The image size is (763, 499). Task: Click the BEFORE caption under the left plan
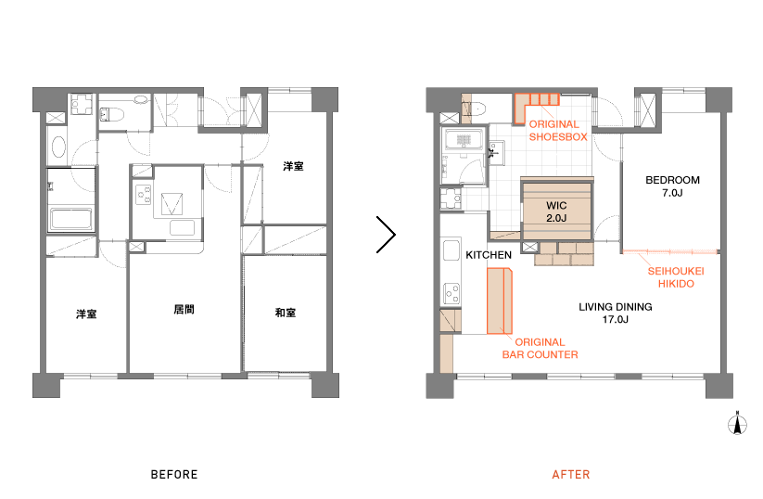(174, 475)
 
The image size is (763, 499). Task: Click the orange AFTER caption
(571, 475)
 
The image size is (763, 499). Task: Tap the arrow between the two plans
(386, 235)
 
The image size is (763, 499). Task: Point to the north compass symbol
(737, 423)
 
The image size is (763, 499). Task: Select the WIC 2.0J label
(556, 211)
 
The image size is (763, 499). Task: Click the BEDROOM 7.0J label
(672, 186)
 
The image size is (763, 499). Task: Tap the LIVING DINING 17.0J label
(615, 313)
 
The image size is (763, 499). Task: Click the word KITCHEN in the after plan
(489, 255)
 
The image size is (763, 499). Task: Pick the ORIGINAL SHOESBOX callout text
(558, 131)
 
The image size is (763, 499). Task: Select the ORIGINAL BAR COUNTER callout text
(540, 349)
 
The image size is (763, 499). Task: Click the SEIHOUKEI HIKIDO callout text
(676, 277)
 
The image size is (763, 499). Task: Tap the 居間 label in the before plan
(184, 309)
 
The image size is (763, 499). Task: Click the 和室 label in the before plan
(286, 313)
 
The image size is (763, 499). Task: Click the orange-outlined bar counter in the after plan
(500, 301)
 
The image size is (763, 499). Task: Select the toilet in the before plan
(112, 115)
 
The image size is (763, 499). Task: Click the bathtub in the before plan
(71, 219)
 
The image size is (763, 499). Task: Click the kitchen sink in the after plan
(451, 250)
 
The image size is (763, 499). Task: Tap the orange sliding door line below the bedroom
(670, 251)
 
